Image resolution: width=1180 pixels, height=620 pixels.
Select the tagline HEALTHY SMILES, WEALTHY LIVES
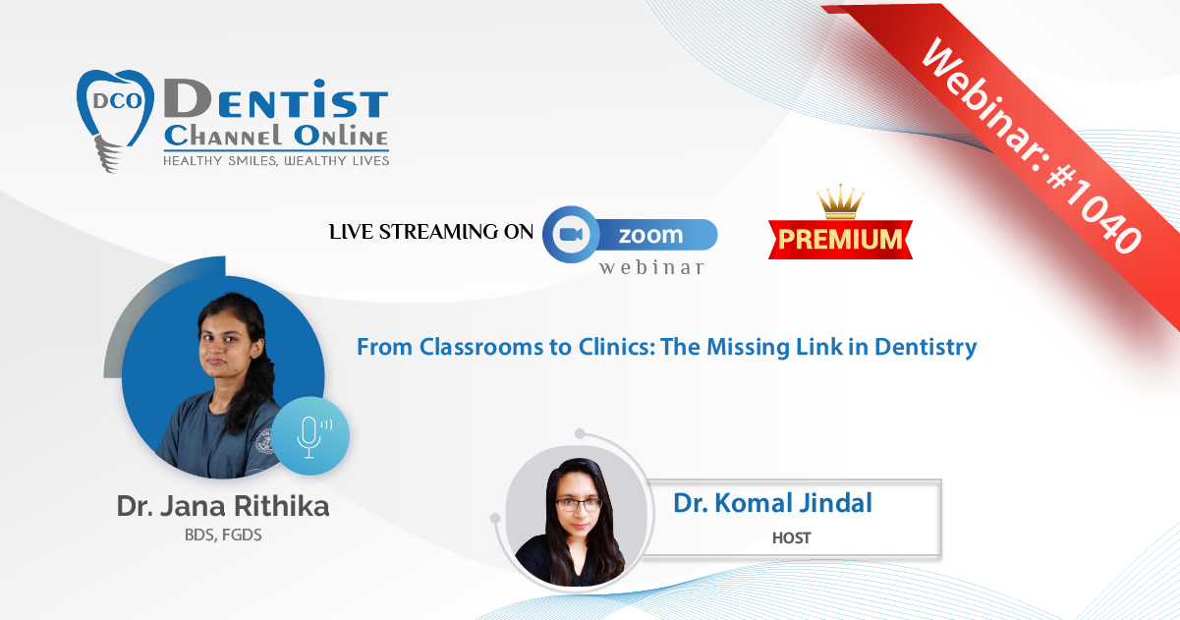tap(276, 161)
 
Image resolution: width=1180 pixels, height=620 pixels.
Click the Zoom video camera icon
tap(571, 234)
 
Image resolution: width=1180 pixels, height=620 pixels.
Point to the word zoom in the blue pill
tap(650, 235)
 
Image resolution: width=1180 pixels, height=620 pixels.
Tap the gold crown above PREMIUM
tap(840, 201)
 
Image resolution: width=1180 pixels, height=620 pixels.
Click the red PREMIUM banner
tap(840, 240)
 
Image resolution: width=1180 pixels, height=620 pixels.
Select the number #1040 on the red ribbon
tap(1095, 209)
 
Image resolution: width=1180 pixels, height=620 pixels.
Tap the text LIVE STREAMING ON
tap(431, 232)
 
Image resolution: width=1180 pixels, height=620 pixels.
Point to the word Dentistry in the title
tap(926, 348)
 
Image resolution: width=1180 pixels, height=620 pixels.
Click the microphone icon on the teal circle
tap(309, 437)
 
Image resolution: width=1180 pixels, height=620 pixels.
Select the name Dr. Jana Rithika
tap(223, 506)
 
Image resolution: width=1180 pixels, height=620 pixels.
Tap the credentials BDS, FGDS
tap(223, 535)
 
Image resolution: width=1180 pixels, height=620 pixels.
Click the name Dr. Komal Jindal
tap(773, 502)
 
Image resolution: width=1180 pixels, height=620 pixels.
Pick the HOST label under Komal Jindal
tap(792, 537)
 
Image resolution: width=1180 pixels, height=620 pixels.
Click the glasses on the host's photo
tap(579, 505)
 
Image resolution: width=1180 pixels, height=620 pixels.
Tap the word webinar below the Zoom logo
tap(651, 267)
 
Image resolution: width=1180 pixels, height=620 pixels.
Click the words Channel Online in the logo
tap(276, 137)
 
